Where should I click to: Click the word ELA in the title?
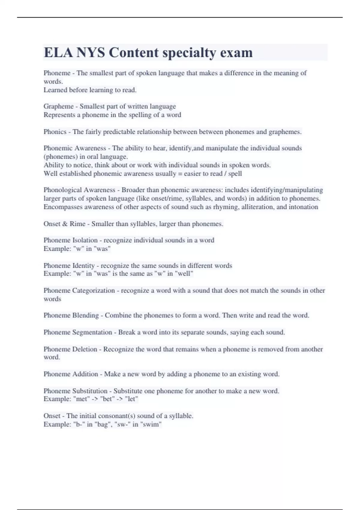[58, 52]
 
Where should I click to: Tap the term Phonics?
[55, 132]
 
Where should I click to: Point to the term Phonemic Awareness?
[75, 148]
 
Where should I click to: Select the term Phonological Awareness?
[79, 190]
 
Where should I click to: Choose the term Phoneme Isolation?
[70, 240]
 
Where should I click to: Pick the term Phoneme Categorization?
[79, 290]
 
